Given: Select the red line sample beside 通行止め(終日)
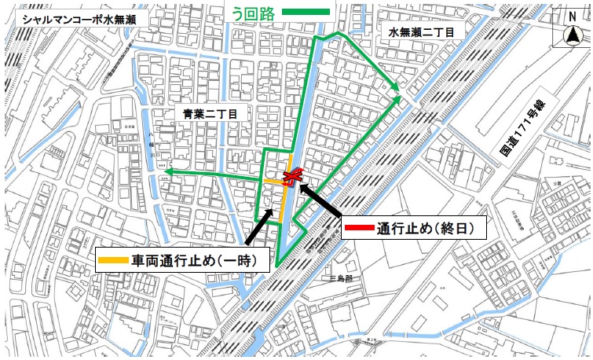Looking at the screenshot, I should (359, 230).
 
